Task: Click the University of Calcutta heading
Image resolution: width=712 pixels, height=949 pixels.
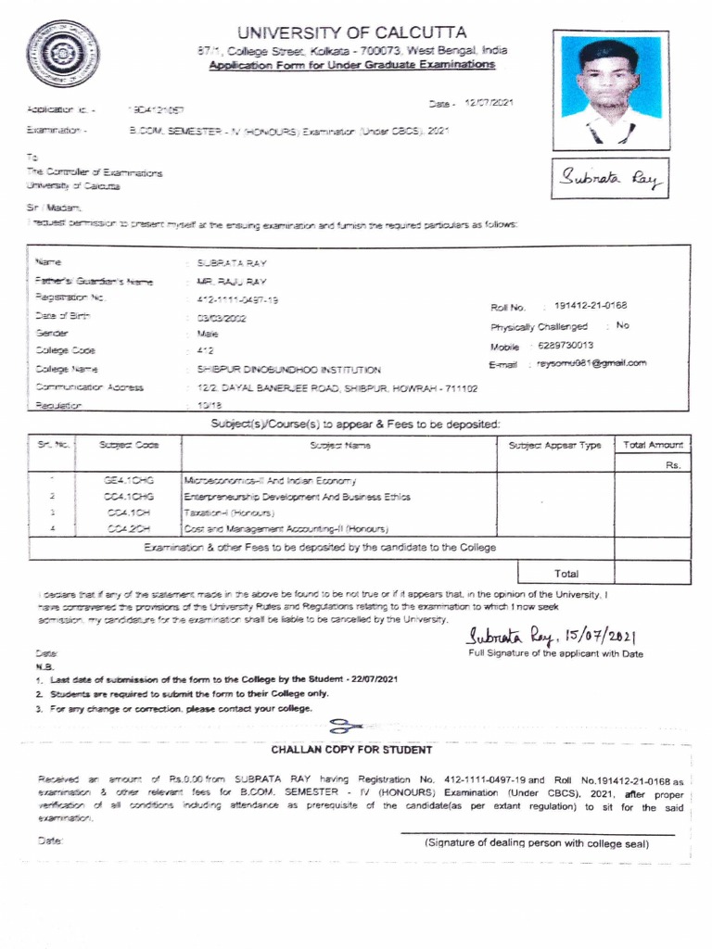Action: coord(351,33)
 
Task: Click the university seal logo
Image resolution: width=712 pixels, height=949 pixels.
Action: coord(62,54)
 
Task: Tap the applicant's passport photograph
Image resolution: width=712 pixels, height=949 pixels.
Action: coord(610,90)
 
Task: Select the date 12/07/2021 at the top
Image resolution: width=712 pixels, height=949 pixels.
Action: coord(489,103)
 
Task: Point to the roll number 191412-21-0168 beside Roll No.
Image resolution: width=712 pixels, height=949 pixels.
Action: coord(591,306)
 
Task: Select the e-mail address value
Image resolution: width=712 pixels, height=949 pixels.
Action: coord(591,363)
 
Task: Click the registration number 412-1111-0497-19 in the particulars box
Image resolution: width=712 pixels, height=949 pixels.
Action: coord(237,299)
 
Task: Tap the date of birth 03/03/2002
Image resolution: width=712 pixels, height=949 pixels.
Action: coord(222,317)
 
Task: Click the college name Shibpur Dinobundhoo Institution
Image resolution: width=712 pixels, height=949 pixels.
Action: coord(288,369)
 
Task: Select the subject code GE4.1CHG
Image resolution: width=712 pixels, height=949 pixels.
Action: coord(129,481)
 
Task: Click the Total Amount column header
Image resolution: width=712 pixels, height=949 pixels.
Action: coord(653,446)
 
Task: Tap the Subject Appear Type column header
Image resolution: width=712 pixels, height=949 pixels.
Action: coord(554,446)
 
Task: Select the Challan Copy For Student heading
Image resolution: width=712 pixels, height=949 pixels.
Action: coord(351,750)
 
